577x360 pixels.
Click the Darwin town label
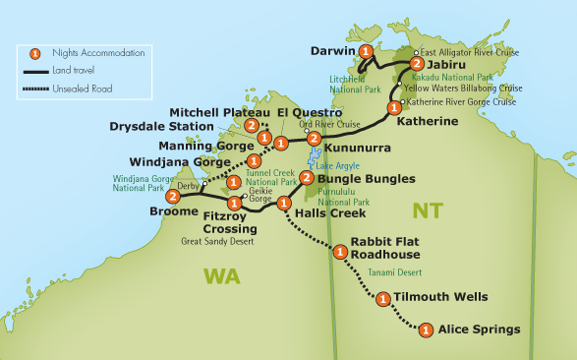(x=331, y=49)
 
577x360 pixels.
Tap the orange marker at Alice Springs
(x=426, y=330)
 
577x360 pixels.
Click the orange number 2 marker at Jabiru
(x=390, y=64)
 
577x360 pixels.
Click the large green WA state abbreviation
(x=221, y=277)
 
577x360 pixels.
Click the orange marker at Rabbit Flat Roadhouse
(x=340, y=252)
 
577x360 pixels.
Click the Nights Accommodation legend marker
(x=35, y=53)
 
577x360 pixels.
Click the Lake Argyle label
(x=335, y=166)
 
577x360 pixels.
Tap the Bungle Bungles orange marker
(x=307, y=178)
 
